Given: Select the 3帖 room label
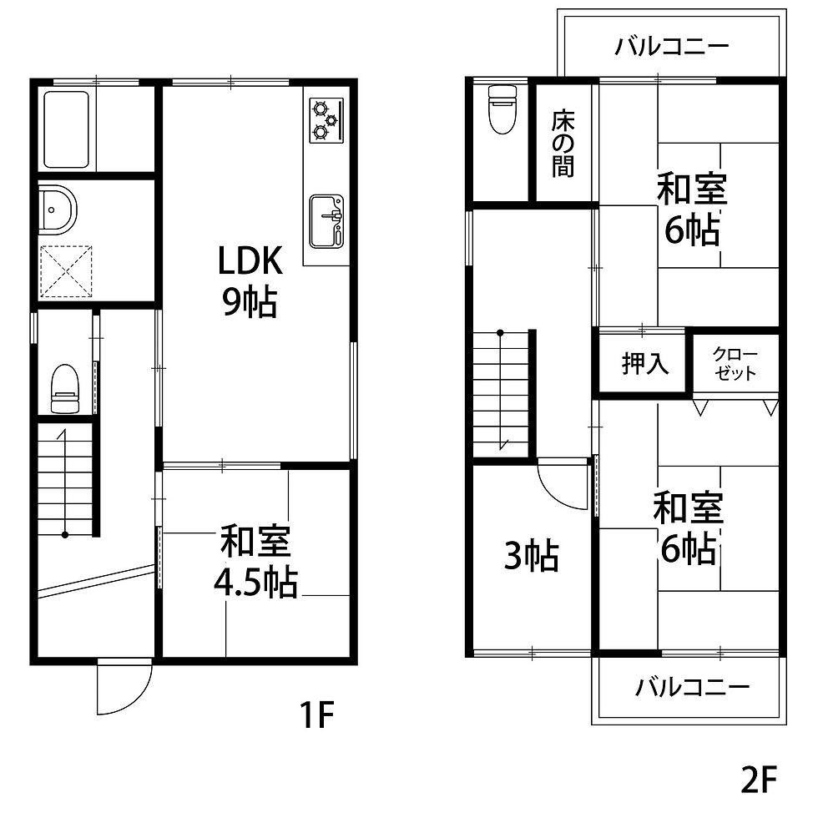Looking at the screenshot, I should [x=531, y=556].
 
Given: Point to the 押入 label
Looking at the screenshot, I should [x=645, y=364].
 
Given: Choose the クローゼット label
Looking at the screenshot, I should [x=735, y=364].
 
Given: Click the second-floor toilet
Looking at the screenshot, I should [x=502, y=109].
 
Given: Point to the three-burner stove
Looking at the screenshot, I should [x=325, y=119].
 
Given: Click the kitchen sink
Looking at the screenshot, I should [x=326, y=220].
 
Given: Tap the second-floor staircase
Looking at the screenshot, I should [x=502, y=392].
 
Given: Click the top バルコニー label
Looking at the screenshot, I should [x=672, y=45].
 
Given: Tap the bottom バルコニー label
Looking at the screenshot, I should [x=692, y=688].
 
